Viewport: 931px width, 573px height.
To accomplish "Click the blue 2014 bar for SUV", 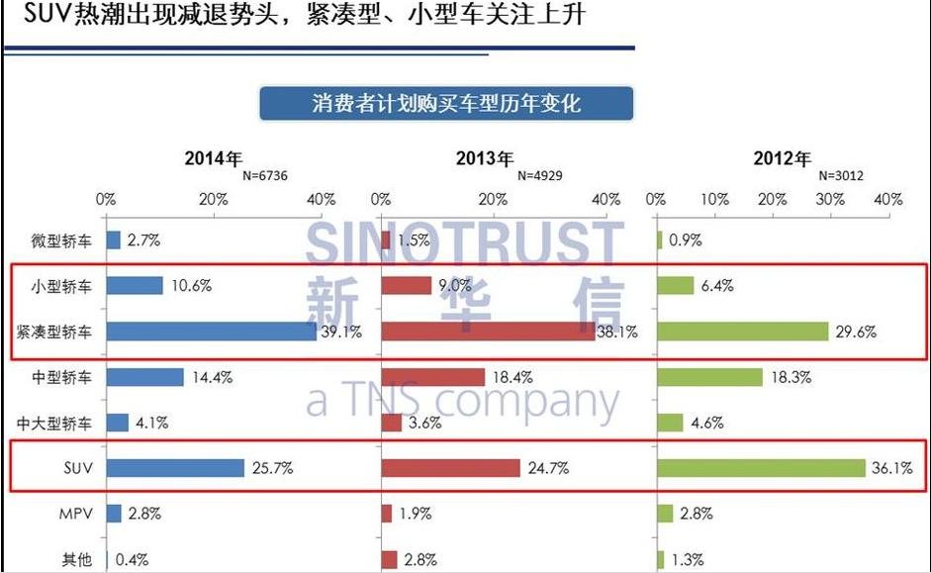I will pyautogui.click(x=175, y=468).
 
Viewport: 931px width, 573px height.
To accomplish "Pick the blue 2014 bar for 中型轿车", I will pyautogui.click(x=145, y=377).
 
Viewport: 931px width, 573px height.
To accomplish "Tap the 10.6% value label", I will pyautogui.click(x=190, y=286).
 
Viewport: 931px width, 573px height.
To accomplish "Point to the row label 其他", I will pyautogui.click(x=75, y=560).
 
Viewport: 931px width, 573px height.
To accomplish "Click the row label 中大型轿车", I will pyautogui.click(x=54, y=424).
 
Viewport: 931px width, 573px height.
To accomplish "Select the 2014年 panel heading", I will pyautogui.click(x=213, y=158).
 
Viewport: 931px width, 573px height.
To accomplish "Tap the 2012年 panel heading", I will pyautogui.click(x=782, y=158).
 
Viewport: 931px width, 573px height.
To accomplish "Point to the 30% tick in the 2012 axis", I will pyautogui.click(x=829, y=199).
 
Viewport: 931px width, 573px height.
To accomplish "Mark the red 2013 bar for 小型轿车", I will pyautogui.click(x=407, y=286).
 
